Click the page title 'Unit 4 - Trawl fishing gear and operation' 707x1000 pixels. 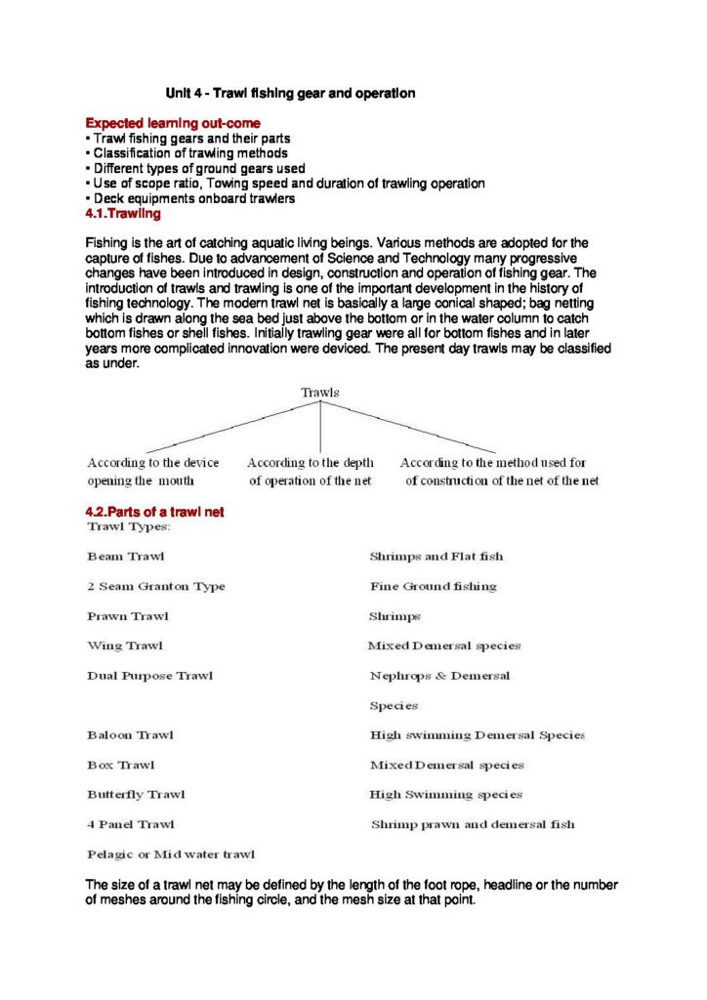click(x=290, y=94)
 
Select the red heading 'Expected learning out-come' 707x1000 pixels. click(x=172, y=124)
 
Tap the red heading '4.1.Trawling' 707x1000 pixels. click(x=123, y=213)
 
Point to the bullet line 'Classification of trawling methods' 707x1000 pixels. click(x=189, y=153)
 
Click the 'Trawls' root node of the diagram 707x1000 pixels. click(x=320, y=393)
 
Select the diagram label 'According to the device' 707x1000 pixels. click(x=153, y=463)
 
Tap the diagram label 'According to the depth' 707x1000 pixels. click(x=309, y=463)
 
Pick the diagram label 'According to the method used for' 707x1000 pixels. click(x=493, y=463)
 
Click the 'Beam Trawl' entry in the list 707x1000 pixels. click(x=126, y=557)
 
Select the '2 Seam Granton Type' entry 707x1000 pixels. click(x=156, y=587)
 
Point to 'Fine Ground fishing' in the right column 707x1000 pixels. click(x=433, y=587)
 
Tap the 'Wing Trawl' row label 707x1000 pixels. click(x=125, y=646)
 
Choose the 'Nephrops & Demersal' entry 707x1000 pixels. click(x=439, y=676)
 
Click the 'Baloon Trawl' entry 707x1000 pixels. click(x=131, y=735)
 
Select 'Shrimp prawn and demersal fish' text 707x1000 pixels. click(x=473, y=824)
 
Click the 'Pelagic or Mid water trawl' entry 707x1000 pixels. click(x=171, y=854)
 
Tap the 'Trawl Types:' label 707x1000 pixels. click(x=129, y=527)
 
